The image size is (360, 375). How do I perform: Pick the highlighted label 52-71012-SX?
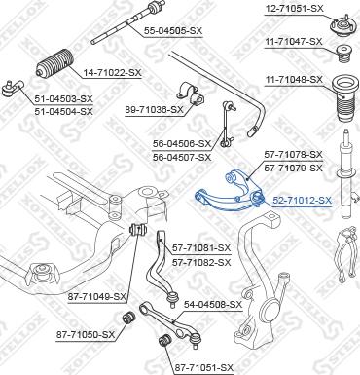[302, 201]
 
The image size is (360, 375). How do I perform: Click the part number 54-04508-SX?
[212, 305]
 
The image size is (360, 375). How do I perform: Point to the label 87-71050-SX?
[85, 335]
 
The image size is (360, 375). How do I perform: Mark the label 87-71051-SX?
[203, 366]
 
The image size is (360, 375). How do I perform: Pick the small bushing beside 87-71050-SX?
[126, 319]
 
